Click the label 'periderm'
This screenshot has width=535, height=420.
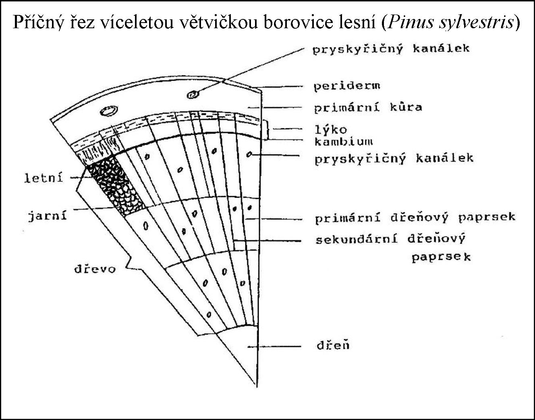347,86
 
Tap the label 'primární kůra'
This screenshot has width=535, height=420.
368,108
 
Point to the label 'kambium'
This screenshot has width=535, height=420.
343,141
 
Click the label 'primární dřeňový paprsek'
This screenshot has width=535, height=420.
415,217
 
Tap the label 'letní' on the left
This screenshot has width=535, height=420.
44,178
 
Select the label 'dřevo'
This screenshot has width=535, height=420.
95,269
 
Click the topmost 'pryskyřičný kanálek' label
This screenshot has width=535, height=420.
391,49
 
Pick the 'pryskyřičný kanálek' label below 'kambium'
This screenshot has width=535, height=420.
394,158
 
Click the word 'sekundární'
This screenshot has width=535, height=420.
356,239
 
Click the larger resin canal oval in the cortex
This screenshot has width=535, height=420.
108,111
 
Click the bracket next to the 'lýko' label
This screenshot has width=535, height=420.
267,129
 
